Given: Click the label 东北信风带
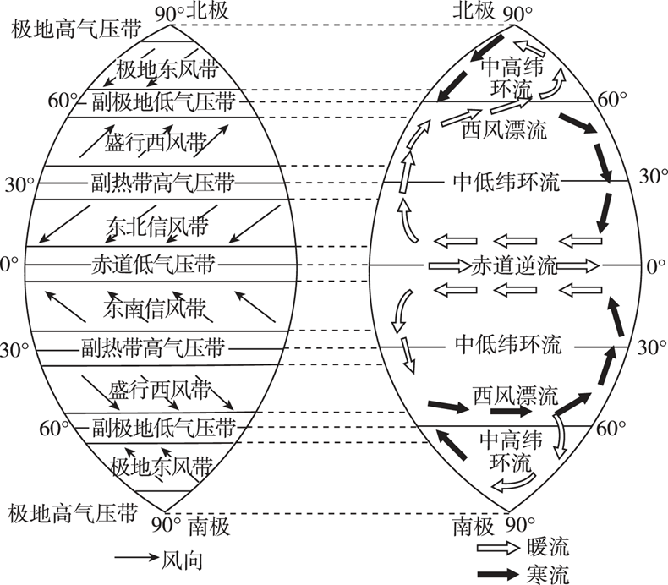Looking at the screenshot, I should click(157, 226).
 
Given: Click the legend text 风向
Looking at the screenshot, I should click(180, 559).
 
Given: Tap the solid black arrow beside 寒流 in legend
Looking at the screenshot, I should click(496, 574).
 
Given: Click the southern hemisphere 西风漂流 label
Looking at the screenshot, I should click(514, 395).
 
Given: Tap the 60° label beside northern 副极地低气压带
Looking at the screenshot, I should click(63, 100).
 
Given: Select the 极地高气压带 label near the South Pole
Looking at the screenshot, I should click(72, 512).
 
